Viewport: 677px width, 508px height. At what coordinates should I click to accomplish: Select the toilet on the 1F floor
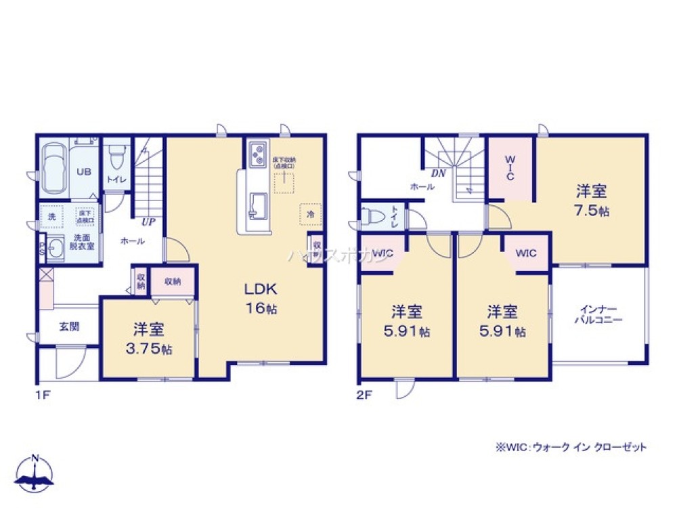point(116,160)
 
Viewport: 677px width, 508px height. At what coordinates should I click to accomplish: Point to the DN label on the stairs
point(438,173)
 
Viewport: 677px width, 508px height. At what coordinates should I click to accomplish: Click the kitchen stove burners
point(257,155)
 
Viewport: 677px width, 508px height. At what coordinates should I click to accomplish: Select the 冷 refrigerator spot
point(309,213)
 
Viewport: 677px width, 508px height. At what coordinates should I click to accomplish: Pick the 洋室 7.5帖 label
point(591,200)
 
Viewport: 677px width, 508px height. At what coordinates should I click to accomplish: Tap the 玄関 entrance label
point(68,326)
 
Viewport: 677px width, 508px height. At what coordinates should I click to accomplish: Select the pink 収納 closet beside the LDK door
point(172,281)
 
